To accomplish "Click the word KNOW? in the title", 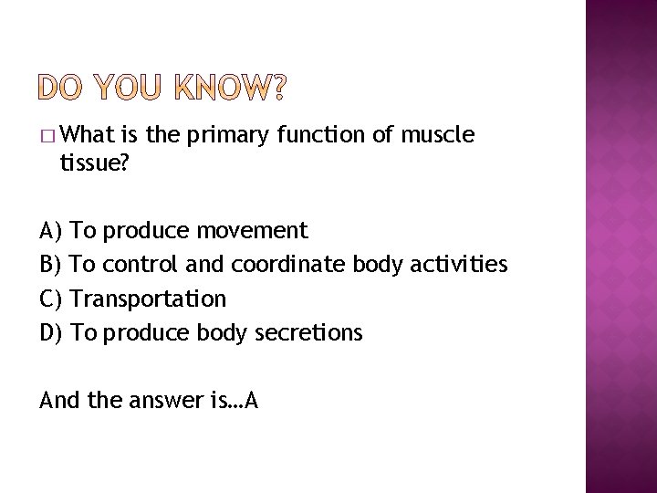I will [x=226, y=88].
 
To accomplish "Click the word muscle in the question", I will [x=438, y=136].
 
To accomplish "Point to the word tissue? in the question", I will [x=93, y=163].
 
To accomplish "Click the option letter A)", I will [x=51, y=229].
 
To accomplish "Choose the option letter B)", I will [x=51, y=264].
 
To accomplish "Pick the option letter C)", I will [x=51, y=299].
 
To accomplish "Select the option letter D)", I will [x=52, y=333].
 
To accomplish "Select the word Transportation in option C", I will [x=148, y=299].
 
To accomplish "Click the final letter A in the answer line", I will [x=250, y=401].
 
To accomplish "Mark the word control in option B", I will [x=141, y=264].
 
